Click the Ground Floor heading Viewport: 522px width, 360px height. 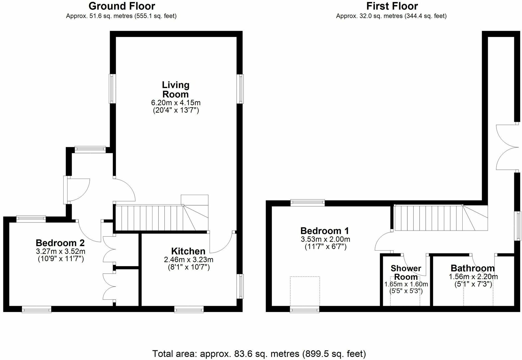point(122,6)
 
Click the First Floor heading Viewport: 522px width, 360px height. point(392,6)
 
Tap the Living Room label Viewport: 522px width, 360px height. point(175,89)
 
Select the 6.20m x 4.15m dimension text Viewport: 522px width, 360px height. point(176,103)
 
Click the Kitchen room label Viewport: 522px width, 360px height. point(188,251)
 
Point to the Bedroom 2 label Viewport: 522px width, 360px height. point(60,243)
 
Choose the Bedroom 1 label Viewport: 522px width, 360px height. point(325,231)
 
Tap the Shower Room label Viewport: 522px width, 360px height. point(406,272)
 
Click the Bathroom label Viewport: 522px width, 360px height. point(473,268)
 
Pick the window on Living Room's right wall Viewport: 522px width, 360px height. point(240,89)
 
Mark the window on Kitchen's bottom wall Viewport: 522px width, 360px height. point(189,309)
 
